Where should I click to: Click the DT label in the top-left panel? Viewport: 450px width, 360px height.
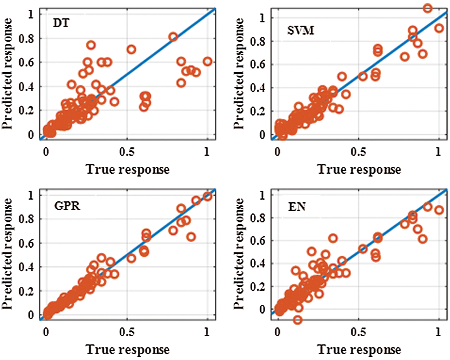[x=61, y=23]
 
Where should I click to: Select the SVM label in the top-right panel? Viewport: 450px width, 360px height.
[x=301, y=30]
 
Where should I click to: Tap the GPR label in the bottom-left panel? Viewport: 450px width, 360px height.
[x=67, y=206]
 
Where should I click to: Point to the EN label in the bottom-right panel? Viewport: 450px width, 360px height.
[x=297, y=207]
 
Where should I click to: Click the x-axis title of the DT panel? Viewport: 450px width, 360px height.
[x=128, y=169]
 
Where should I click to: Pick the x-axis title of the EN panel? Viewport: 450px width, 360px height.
[x=359, y=349]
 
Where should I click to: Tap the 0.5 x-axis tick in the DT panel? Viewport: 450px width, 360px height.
[x=127, y=152]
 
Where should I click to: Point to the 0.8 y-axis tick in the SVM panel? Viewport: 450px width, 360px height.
[x=257, y=42]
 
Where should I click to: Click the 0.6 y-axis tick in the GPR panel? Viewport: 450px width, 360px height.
[x=26, y=243]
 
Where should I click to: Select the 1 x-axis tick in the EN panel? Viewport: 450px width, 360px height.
[x=438, y=331]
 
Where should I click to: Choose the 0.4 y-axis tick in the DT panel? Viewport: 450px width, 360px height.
[x=26, y=87]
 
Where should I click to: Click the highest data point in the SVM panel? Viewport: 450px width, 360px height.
[x=428, y=8]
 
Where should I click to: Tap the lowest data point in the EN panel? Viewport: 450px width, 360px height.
[x=297, y=320]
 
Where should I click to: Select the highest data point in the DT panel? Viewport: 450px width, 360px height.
[x=173, y=37]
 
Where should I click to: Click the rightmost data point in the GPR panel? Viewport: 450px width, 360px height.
[x=207, y=196]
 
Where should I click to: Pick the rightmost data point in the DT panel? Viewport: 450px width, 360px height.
[x=207, y=61]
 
